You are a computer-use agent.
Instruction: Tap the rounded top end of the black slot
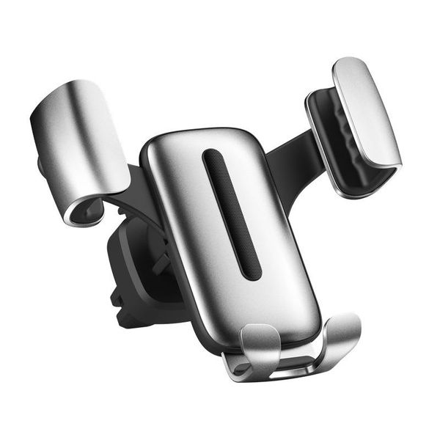tap(212, 155)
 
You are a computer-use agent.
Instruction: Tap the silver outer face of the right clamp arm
tap(367, 110)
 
